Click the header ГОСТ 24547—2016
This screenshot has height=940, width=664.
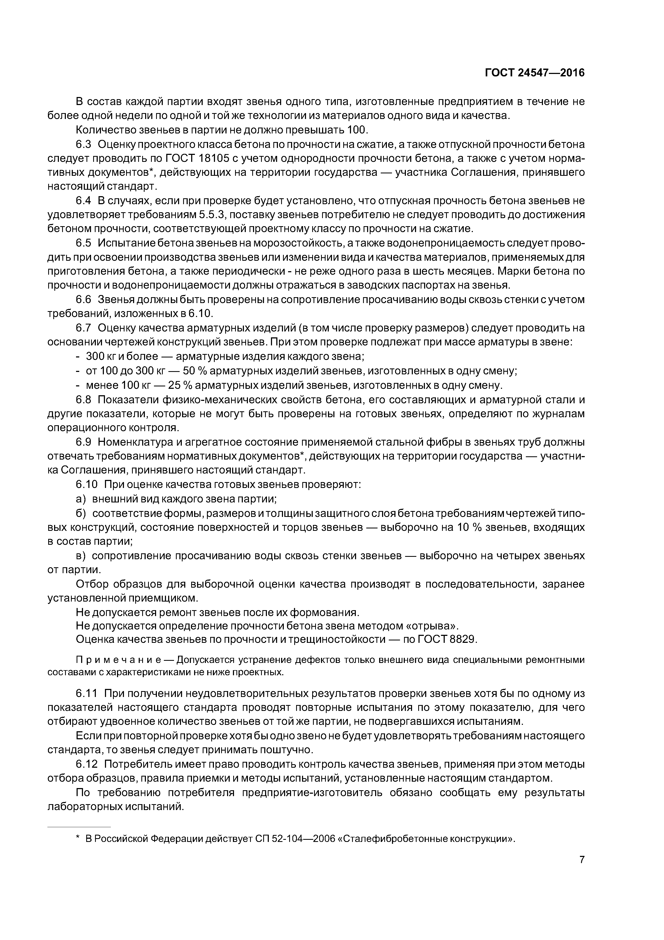pyautogui.click(x=535, y=73)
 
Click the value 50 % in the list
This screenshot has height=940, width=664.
pyautogui.click(x=195, y=371)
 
